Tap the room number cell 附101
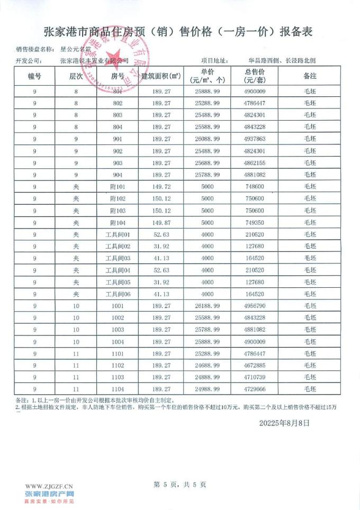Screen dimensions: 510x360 click(117, 187)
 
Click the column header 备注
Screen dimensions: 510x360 click(310, 76)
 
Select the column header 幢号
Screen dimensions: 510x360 click(34, 76)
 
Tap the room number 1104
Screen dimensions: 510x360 click(117, 389)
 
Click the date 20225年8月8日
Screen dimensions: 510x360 click(285, 423)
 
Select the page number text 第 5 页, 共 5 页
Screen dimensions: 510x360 click(179, 484)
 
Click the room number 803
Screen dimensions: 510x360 click(117, 115)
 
